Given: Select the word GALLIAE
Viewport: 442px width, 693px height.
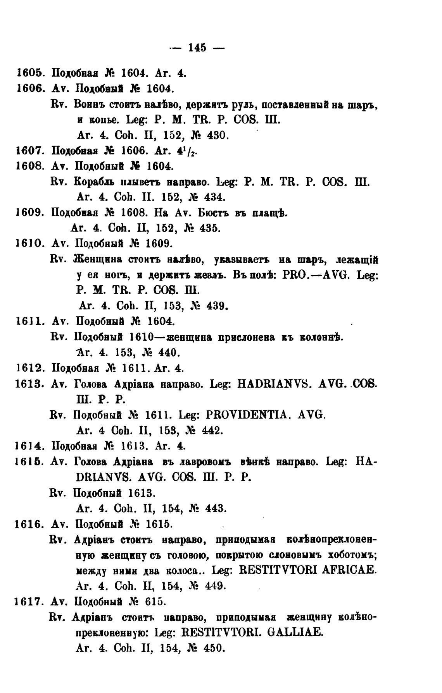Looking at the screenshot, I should click(x=295, y=633).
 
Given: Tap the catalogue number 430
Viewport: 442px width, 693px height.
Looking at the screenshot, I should click(x=219, y=135).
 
